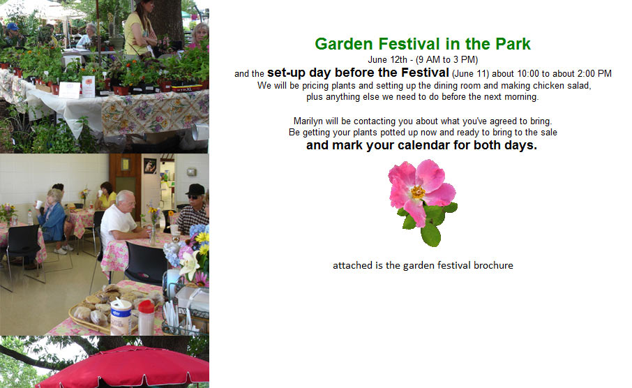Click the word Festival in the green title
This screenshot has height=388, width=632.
[409, 44]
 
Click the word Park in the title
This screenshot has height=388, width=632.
[513, 44]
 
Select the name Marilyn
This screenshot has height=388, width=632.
[308, 121]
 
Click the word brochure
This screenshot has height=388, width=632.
[493, 265]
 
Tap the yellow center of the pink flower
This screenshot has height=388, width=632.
[418, 192]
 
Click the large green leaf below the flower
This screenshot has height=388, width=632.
[430, 234]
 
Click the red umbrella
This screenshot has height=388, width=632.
[125, 367]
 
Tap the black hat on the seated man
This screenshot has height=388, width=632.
[195, 190]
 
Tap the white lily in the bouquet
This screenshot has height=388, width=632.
[190, 264]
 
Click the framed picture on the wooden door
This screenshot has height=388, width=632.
[150, 166]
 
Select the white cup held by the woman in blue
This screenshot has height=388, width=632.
[38, 204]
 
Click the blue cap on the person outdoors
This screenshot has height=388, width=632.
[13, 27]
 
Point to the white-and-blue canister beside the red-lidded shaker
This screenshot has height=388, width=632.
[121, 317]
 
